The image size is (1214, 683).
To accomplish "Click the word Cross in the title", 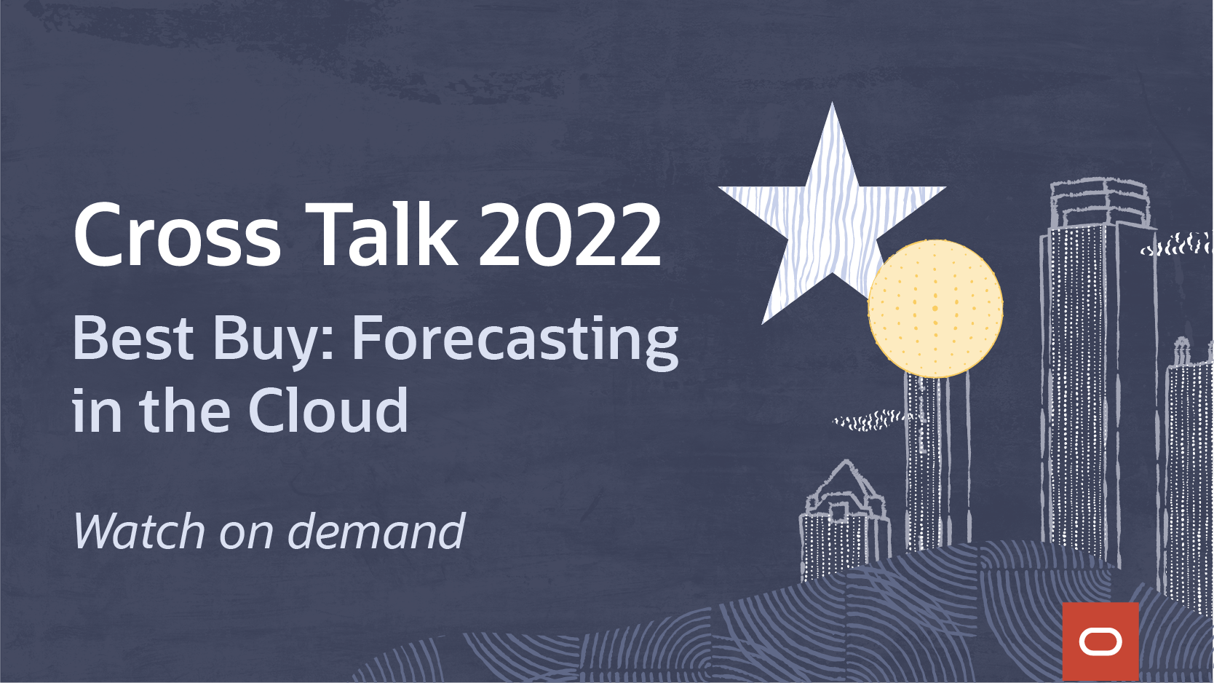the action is tap(177, 234).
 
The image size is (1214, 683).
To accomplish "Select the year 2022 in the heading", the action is tap(570, 234).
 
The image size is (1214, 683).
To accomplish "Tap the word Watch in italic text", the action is tap(139, 531).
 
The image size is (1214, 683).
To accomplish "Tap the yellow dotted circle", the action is tap(935, 309).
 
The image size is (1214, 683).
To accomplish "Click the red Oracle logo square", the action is tap(1100, 641).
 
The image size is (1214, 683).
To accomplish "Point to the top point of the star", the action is tap(832, 103).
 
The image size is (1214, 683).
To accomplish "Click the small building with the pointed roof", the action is tap(844, 521).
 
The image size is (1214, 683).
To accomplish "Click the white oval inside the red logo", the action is tap(1100, 642).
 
